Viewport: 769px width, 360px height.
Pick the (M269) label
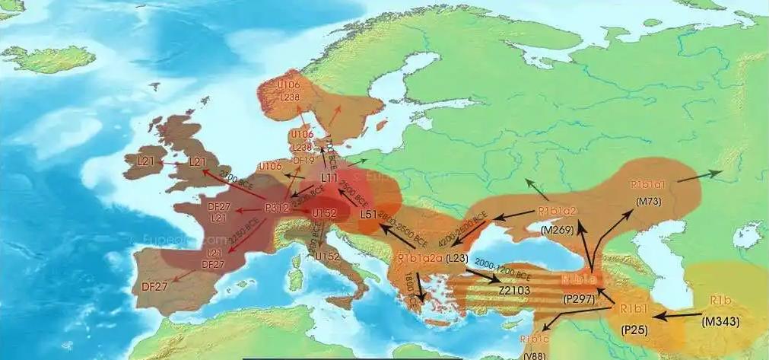[x=558, y=228]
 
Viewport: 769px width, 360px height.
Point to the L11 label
[x=330, y=177]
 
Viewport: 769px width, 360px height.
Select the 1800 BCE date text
[x=408, y=289]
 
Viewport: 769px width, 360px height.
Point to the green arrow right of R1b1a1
[x=699, y=176]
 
